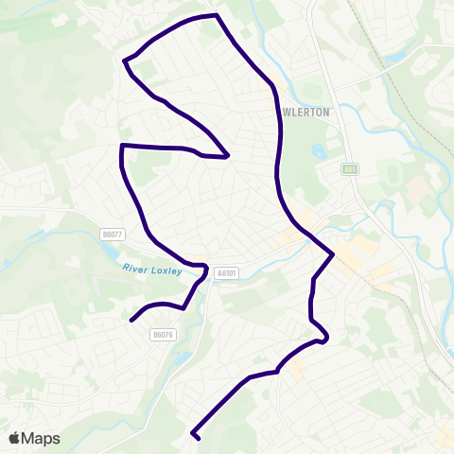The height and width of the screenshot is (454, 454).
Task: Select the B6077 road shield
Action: click(112, 234)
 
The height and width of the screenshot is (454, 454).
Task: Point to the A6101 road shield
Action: click(225, 272)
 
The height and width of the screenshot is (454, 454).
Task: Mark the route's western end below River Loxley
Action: click(131, 320)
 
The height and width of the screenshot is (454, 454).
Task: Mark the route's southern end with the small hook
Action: click(197, 438)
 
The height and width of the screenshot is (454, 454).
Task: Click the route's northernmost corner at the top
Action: click(218, 15)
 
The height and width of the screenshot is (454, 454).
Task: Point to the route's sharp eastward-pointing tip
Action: click(228, 156)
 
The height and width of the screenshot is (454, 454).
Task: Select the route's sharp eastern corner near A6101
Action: click(333, 254)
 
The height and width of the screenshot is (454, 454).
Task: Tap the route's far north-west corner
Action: click(125, 61)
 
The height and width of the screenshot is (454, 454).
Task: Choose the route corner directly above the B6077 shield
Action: click(122, 146)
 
